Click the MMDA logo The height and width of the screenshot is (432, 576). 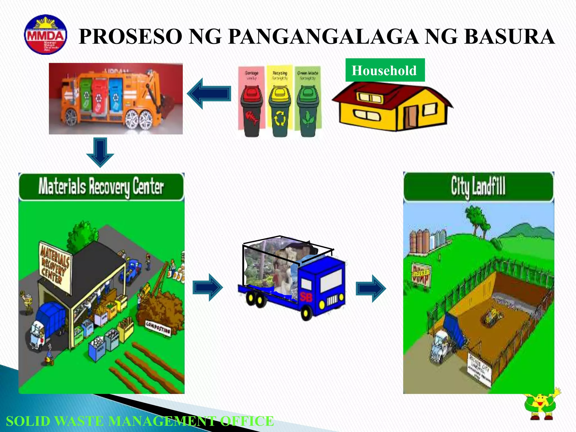click(46, 35)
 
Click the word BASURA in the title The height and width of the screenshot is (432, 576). click(509, 37)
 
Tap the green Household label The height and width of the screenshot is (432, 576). click(384, 70)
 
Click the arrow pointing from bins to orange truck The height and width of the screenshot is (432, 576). click(209, 94)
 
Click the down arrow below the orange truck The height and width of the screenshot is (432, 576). click(100, 152)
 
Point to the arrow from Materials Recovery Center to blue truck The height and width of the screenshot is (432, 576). click(208, 287)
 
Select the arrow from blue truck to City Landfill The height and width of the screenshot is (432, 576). click(371, 289)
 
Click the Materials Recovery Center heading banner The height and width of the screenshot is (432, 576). click(101, 186)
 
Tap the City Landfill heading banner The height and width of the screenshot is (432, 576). click(478, 186)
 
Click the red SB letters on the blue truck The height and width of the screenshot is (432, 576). click(306, 297)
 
